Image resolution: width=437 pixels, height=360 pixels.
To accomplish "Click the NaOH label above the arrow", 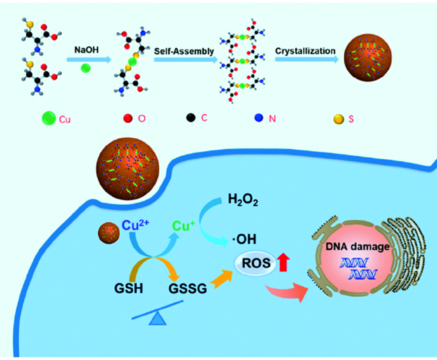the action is pos(87,50).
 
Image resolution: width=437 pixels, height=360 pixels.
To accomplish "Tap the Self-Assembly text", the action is pos(184,52).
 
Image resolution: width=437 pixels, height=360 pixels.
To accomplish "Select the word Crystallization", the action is pos(305,51).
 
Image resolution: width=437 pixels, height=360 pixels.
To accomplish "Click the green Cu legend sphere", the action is pos(49,118).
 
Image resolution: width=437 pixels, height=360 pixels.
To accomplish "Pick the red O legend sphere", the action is pos(128,118).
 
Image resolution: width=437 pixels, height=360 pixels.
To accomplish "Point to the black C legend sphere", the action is pos(191,118).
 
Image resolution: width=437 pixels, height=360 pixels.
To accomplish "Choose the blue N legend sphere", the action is pos(259,118).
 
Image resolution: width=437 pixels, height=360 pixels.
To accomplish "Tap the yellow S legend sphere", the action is pos(339,119).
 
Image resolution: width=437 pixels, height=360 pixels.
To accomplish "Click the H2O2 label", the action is pos(243,199).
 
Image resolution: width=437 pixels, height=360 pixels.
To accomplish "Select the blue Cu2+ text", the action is pos(135,225).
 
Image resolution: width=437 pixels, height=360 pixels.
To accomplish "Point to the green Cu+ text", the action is pos(184,226).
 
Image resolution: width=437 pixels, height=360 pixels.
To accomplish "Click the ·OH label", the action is pos(244,239).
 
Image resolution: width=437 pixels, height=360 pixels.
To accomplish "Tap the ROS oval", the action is pos(255,263).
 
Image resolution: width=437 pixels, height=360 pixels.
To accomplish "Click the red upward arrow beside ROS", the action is pos(284,262).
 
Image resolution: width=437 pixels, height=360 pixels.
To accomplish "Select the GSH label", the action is pos(128,288).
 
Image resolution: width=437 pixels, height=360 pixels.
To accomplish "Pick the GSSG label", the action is pos(188,288).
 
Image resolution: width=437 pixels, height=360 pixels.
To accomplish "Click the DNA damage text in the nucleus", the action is pos(358,246).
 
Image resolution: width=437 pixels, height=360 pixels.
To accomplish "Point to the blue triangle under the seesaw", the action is pos(158,318).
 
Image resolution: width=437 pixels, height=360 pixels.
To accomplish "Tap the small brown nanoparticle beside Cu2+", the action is pos(109,233).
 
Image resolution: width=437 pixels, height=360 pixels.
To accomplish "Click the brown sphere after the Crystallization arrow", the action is pos(368,58).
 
